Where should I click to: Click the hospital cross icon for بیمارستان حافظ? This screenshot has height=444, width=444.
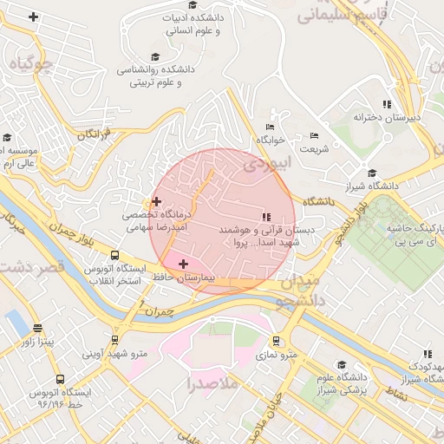pyautogui.click(x=183, y=263)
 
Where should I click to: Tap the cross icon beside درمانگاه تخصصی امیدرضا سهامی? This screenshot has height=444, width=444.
pyautogui.click(x=156, y=201)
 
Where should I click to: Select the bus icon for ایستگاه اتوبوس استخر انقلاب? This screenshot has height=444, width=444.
pyautogui.click(x=114, y=255)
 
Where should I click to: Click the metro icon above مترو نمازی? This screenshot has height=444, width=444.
pyautogui.click(x=276, y=341)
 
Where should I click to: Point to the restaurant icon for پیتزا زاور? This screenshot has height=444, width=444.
pyautogui.click(x=37, y=328)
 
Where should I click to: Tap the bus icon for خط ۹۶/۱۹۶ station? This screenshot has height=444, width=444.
pyautogui.click(x=60, y=379)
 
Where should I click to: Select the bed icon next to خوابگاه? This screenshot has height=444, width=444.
pyautogui.click(x=271, y=126)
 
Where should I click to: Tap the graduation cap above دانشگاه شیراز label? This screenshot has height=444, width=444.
pyautogui.click(x=372, y=173)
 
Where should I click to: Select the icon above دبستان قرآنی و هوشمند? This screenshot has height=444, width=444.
pyautogui.click(x=264, y=216)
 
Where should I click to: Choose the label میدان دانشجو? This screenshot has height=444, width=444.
pyautogui.click(x=298, y=291)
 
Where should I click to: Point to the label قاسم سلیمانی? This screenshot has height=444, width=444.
pyautogui.click(x=338, y=12)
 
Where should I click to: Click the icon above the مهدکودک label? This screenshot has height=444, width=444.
pyautogui.click(x=427, y=354)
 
